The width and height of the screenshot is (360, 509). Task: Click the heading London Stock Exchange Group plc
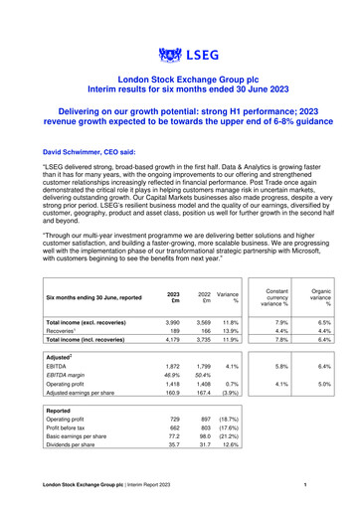pos(179,78)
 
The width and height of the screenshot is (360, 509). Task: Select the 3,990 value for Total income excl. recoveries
pos(172,323)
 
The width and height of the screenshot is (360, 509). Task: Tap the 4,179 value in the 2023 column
pos(172,342)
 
